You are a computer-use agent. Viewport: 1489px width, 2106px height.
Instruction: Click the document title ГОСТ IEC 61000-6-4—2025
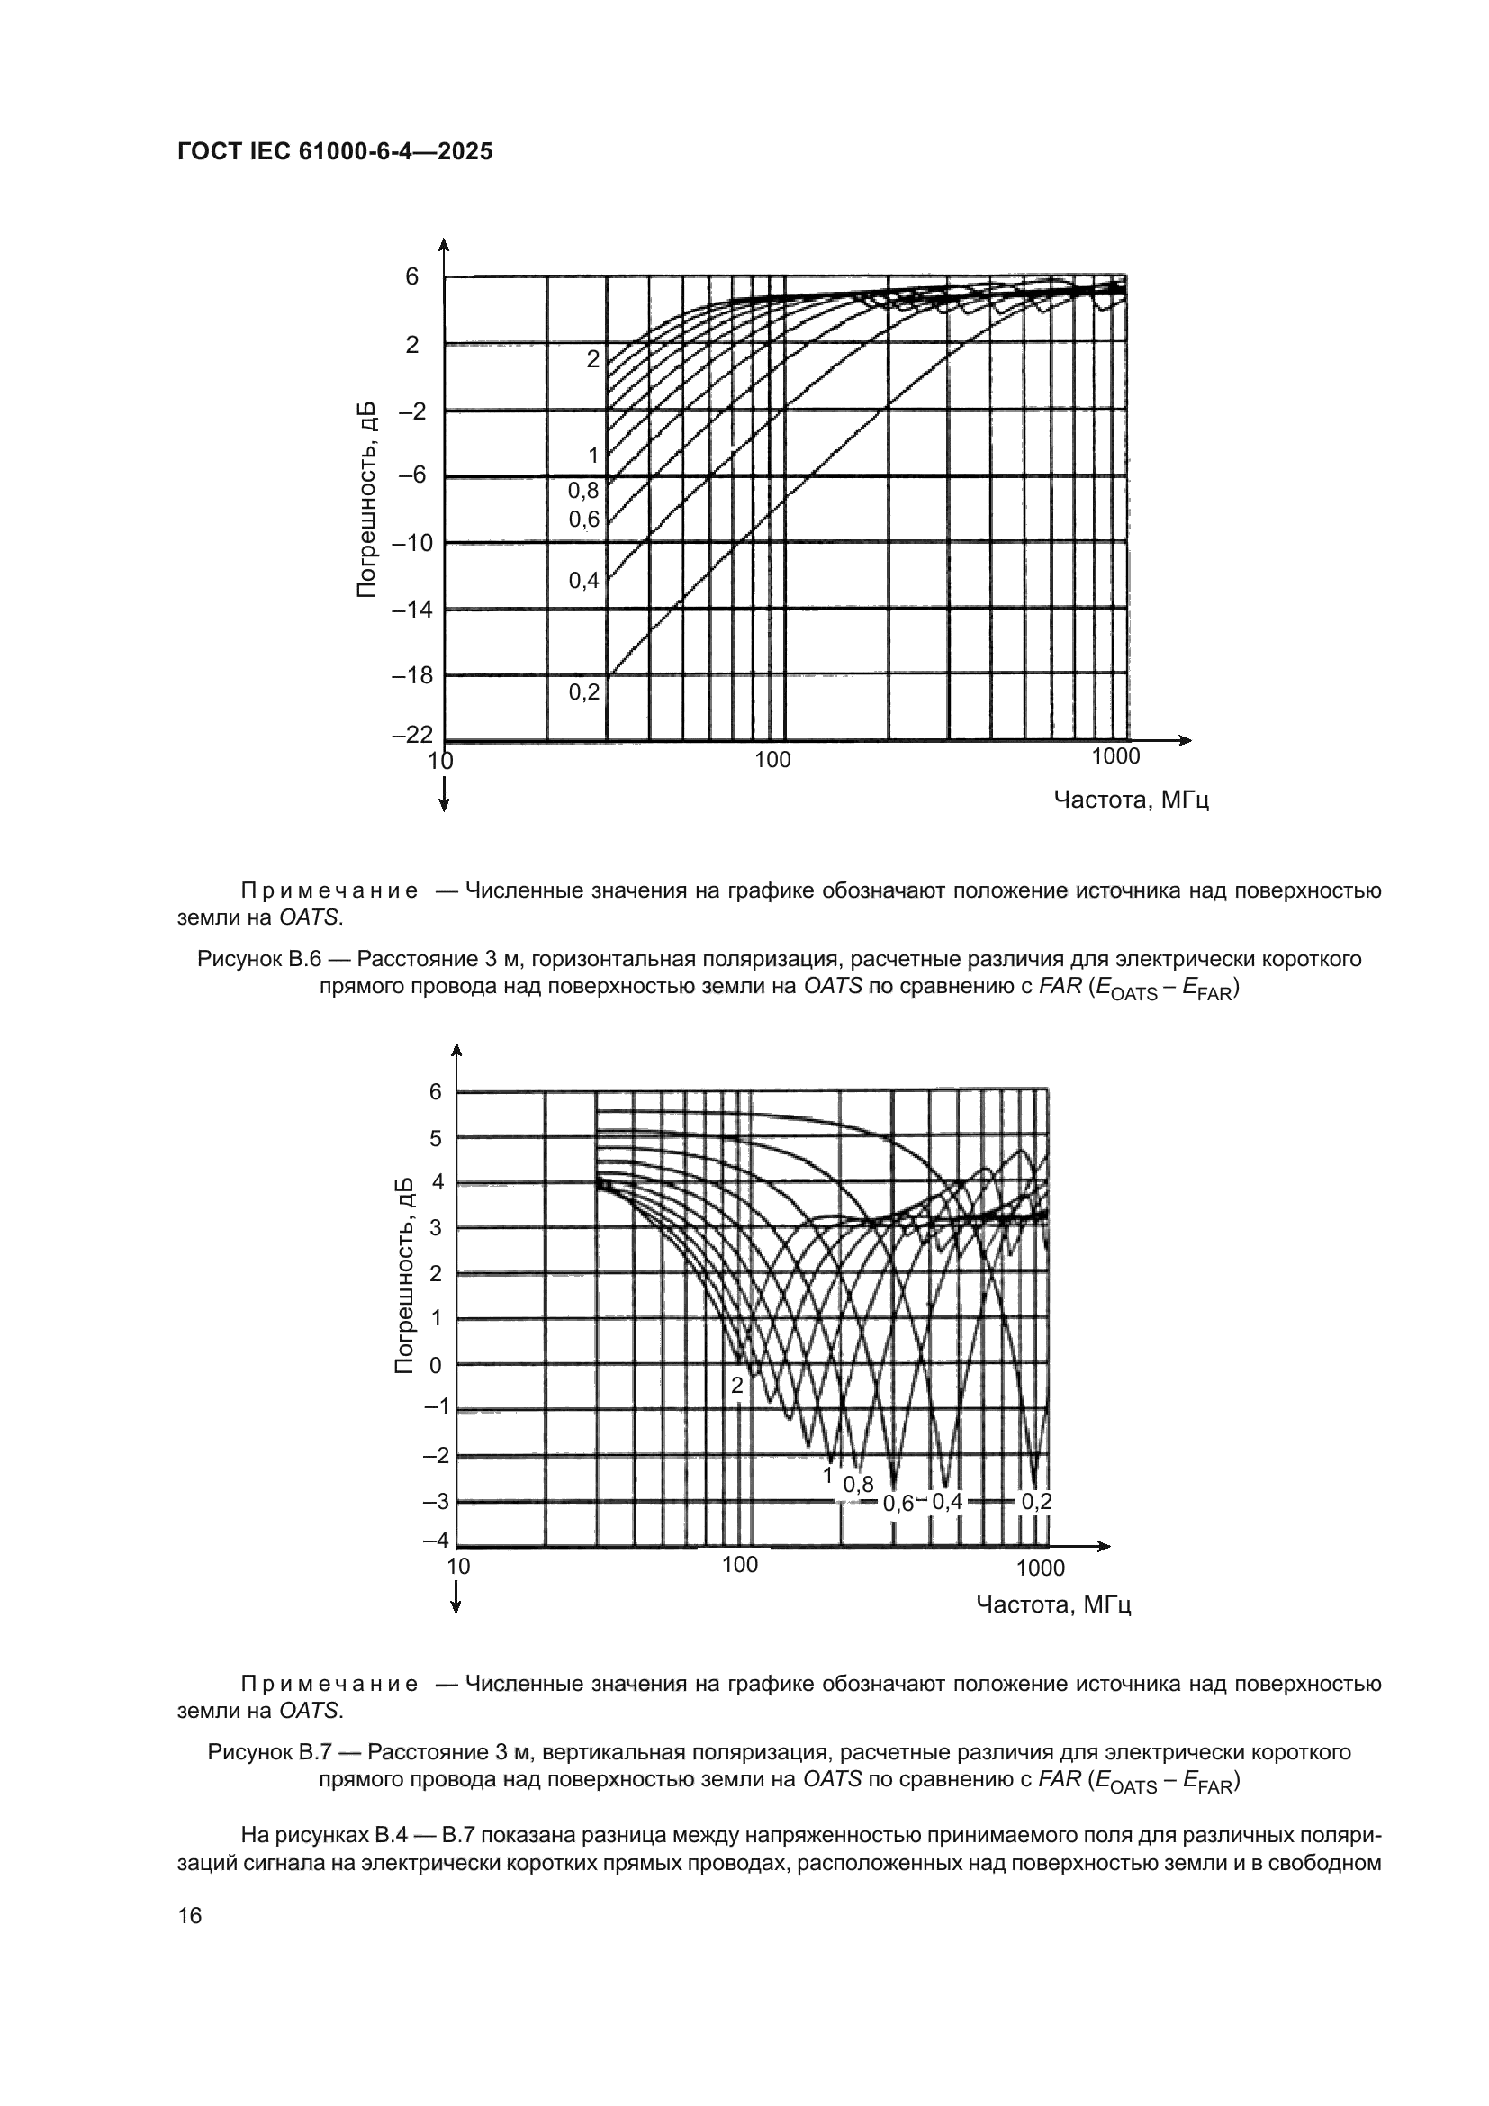click(x=335, y=151)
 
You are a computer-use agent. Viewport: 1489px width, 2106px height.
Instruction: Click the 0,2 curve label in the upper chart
click(x=584, y=692)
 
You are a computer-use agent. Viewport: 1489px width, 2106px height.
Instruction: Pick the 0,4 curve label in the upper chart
click(x=584, y=580)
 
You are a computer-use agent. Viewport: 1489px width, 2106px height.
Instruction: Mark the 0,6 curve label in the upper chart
click(x=584, y=520)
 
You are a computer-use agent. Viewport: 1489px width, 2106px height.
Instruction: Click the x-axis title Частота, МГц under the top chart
click(x=1131, y=800)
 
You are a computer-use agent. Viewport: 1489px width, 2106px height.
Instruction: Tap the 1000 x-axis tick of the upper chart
click(x=1115, y=756)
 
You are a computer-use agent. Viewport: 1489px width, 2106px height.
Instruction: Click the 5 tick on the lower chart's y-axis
click(x=436, y=1138)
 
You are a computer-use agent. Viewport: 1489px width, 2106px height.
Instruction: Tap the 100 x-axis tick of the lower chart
click(x=740, y=1565)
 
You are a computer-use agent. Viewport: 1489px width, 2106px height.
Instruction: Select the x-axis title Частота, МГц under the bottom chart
click(x=1053, y=1605)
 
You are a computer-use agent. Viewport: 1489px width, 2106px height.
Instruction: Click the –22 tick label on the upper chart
click(x=411, y=735)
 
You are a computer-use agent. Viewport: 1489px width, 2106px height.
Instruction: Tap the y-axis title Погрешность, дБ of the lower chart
click(x=404, y=1275)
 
